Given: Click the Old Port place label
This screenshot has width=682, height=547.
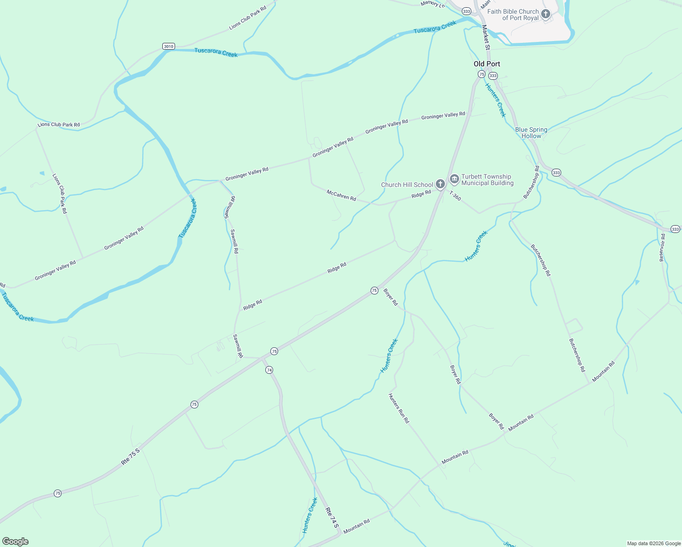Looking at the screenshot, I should point(487,64).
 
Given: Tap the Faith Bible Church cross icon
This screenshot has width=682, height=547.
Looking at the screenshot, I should point(545,14).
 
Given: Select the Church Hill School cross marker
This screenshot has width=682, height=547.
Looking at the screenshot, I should point(440,184).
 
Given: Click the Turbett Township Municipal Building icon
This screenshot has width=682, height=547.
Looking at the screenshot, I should point(454,179).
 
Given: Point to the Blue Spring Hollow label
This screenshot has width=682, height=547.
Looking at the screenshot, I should point(531,133).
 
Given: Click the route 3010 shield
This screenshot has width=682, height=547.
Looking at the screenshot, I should point(168,46).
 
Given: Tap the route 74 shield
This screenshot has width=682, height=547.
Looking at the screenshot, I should point(269,370).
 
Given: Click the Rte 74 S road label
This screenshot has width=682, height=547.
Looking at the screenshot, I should point(332,518).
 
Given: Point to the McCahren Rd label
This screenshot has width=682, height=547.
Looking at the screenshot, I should point(341,196).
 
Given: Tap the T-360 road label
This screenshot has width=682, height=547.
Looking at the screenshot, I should point(455,196).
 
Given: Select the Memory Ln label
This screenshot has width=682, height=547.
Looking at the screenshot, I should point(432,4).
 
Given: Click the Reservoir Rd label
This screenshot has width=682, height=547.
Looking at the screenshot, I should point(662,248).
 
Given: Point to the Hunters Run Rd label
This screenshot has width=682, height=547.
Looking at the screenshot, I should point(398,408).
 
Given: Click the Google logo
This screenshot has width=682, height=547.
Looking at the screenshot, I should point(15,542).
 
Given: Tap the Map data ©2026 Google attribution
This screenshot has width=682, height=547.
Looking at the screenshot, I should point(653,543).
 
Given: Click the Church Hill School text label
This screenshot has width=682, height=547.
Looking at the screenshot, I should point(407,185).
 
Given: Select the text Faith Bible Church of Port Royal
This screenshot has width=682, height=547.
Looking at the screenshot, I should point(513,15).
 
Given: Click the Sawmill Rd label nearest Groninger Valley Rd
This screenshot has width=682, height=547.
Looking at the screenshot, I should point(230,207).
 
